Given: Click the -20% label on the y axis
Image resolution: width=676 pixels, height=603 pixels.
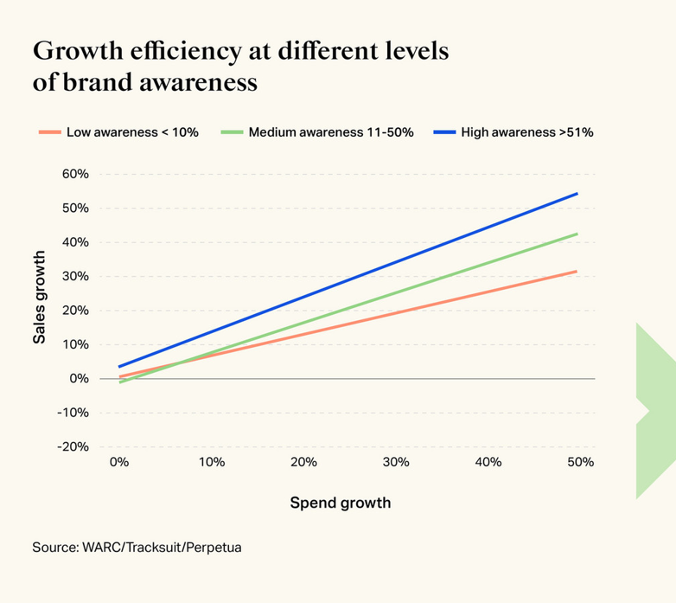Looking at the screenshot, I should tap(73, 446).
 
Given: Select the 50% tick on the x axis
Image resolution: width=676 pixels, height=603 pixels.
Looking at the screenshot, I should tap(581, 462).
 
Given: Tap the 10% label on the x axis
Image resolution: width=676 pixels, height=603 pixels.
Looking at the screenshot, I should tap(212, 462).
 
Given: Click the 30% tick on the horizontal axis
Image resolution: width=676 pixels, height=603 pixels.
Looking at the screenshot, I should tap(396, 462).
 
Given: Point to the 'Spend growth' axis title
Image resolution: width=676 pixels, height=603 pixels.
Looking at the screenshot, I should tap(340, 503).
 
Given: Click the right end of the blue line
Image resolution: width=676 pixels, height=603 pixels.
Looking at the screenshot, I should tap(577, 194).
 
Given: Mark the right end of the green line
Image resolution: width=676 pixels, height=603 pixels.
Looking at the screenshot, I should tap(577, 234).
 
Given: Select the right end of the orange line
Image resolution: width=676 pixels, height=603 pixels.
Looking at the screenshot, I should tap(577, 272).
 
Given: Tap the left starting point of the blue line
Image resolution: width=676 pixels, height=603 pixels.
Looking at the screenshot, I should tap(119, 367).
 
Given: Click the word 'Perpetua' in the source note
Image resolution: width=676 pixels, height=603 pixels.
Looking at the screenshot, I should tap(214, 548).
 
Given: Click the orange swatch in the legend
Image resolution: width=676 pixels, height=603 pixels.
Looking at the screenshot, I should tap(49, 132).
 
